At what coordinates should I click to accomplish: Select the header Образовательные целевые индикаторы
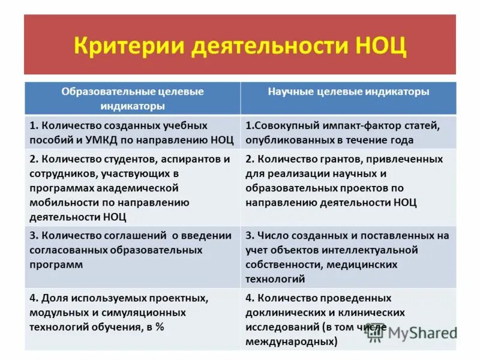point(133,98)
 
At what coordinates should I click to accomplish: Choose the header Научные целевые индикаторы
point(348,92)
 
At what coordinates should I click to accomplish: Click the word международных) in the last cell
point(291,341)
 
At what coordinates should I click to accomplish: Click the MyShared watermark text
point(422,333)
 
